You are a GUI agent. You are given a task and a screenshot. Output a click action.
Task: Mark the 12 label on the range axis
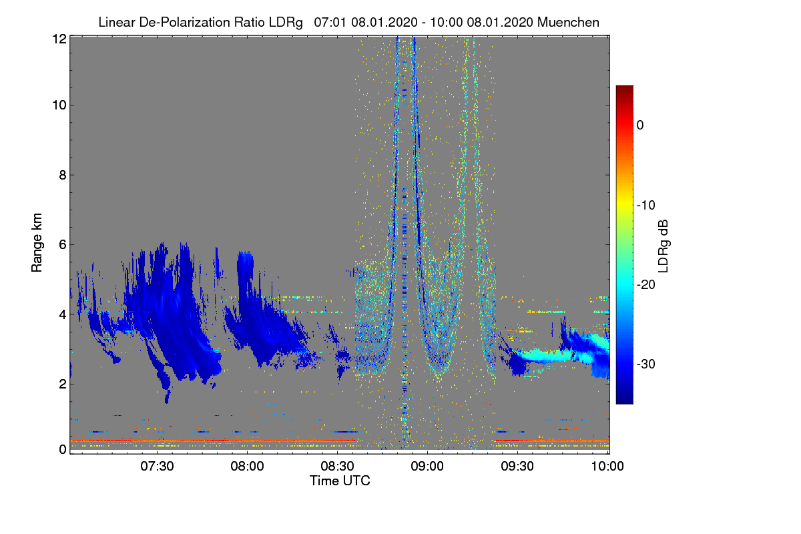[x=59, y=39]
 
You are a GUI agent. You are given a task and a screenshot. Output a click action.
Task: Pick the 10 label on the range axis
[x=59, y=105]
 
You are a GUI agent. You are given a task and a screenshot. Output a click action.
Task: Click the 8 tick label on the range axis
[x=62, y=175]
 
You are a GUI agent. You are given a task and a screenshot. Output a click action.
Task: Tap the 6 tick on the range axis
[x=62, y=244]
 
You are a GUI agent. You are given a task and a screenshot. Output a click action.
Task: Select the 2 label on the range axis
[x=62, y=383]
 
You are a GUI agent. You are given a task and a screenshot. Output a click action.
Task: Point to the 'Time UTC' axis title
[x=340, y=481]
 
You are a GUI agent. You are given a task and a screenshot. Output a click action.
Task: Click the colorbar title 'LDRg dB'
[x=663, y=245]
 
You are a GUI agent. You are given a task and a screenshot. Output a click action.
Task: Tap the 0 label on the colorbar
[x=639, y=125]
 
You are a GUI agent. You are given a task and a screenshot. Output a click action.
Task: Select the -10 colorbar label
[x=647, y=205]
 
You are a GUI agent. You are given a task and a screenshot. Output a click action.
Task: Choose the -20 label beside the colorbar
[x=647, y=284]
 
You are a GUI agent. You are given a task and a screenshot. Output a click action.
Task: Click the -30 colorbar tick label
[x=647, y=364]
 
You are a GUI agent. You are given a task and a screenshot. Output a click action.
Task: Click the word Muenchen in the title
[x=568, y=22]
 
